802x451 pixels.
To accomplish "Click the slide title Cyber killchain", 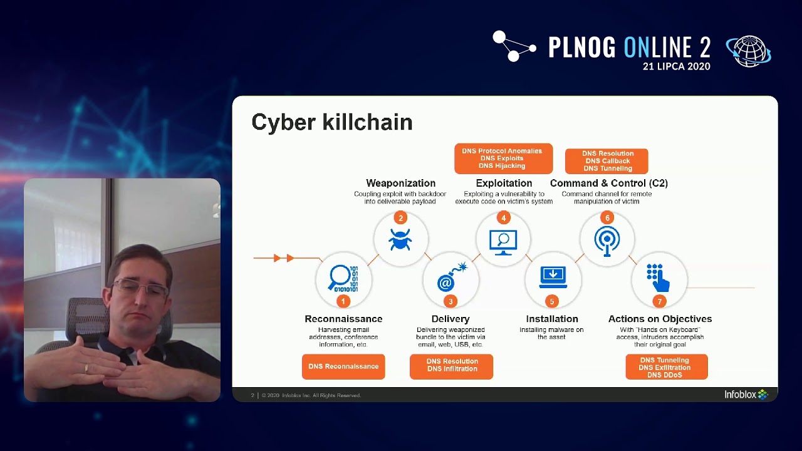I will [x=331, y=122].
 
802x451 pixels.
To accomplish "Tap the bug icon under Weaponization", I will [x=400, y=240].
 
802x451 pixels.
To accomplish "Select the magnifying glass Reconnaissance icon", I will [x=343, y=279].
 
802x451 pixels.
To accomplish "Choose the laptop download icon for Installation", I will [x=553, y=277].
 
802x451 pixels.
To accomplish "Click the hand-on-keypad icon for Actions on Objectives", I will [x=658, y=277].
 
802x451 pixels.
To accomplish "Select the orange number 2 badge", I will [x=400, y=218].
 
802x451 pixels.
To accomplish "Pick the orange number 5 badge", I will [x=552, y=301].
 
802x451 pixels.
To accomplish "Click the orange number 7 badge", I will [x=659, y=301].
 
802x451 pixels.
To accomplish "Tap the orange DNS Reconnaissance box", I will [x=343, y=366].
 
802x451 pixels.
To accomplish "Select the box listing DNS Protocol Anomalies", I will [x=503, y=158].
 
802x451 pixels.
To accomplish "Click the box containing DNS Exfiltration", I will [x=666, y=367].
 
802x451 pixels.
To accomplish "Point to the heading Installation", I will [x=552, y=319].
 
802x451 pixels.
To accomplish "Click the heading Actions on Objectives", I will [x=660, y=319].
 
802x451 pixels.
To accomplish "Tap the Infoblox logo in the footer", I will [x=746, y=395].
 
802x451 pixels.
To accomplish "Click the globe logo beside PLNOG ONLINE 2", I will [x=748, y=50].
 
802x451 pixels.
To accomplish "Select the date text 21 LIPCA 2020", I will [x=676, y=66].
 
